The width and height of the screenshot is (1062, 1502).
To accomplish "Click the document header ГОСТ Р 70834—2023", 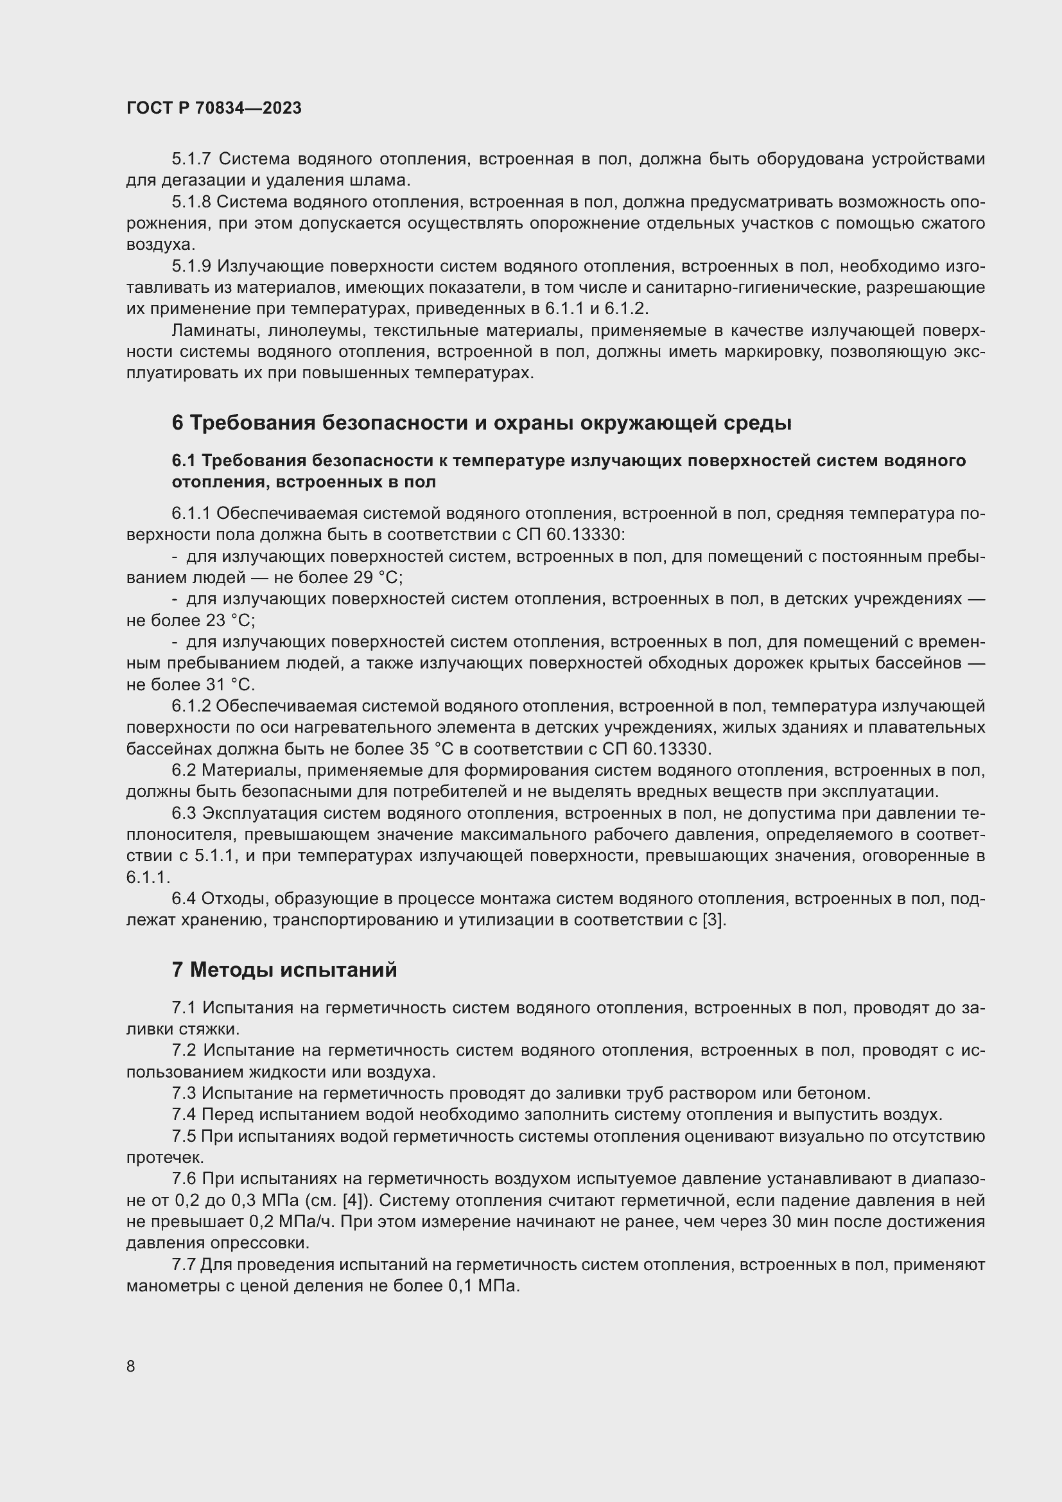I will pos(214,108).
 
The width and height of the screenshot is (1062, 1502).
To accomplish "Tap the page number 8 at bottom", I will pos(131,1366).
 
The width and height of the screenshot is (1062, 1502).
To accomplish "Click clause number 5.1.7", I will pos(191,159).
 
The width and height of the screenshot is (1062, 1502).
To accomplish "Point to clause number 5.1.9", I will pos(191,266).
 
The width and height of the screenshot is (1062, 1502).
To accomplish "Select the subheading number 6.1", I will pos(184,461).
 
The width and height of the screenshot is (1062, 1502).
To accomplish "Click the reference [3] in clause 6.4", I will pos(713,920).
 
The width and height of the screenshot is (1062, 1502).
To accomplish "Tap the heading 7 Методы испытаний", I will pos(284,970).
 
